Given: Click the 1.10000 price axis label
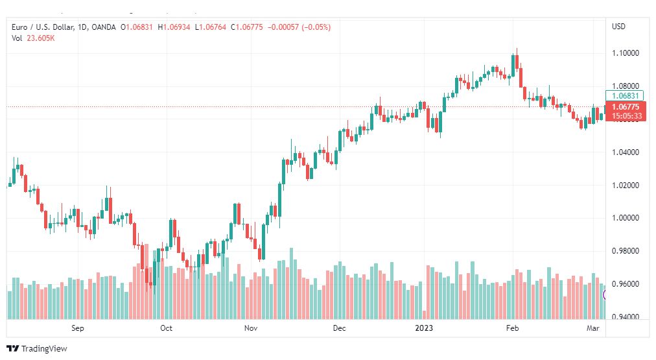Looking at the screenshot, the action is (x=626, y=53).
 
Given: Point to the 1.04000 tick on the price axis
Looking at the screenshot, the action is (x=626, y=152).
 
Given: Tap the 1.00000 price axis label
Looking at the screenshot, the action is (x=626, y=218).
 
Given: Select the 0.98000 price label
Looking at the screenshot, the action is (x=626, y=251).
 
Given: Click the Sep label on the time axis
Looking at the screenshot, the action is (x=77, y=328).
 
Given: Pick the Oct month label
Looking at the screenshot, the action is (x=166, y=328).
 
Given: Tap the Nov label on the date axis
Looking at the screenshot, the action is (x=251, y=328).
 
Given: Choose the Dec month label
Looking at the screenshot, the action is (x=339, y=328).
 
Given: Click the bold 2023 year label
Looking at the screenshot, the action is (x=424, y=328).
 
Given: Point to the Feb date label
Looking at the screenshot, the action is (x=513, y=328).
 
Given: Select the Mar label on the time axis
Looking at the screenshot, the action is (x=593, y=328).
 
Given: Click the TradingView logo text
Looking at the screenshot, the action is (x=44, y=349).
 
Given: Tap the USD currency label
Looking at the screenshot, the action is (x=619, y=27).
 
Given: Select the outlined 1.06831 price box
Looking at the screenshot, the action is (x=624, y=96).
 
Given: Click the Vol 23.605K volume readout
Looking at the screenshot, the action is (x=33, y=38).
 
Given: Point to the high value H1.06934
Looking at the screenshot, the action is (x=174, y=27).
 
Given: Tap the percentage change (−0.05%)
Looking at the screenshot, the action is (x=316, y=27).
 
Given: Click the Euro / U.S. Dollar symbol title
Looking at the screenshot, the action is (x=43, y=27).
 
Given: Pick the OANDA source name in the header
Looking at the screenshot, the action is (x=103, y=27).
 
